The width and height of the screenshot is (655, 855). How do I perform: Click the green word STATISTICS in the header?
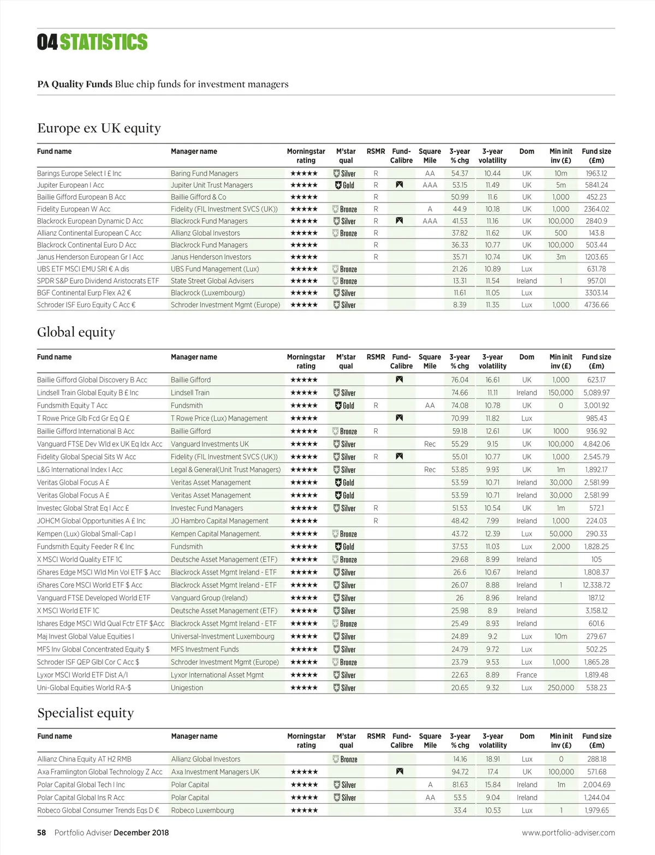pyautogui.click(x=104, y=42)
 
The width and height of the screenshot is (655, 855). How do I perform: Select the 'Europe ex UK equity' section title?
pyautogui.click(x=99, y=128)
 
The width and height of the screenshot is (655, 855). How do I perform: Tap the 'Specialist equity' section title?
pyautogui.click(x=85, y=713)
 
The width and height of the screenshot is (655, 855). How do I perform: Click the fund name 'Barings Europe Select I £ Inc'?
pyautogui.click(x=79, y=174)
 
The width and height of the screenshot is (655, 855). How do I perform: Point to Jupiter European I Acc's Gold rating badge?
pyautogui.click(x=344, y=186)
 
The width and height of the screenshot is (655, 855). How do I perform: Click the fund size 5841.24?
pyautogui.click(x=596, y=186)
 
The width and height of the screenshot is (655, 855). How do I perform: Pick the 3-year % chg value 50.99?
pyautogui.click(x=460, y=198)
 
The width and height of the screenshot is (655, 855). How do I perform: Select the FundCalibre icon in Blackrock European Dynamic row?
pyautogui.click(x=400, y=221)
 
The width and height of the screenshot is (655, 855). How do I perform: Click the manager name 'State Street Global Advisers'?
pyautogui.click(x=212, y=281)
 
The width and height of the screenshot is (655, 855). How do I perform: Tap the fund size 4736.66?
pyautogui.click(x=596, y=305)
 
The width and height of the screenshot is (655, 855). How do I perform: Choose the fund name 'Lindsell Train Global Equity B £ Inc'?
pyautogui.click(x=87, y=393)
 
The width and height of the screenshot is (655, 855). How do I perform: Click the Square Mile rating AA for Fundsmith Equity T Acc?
pyautogui.click(x=430, y=405)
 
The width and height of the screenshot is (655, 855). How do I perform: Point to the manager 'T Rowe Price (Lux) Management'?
pyautogui.click(x=219, y=418)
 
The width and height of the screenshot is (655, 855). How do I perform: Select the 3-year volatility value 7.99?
pyautogui.click(x=492, y=521)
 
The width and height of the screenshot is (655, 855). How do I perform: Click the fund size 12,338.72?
pyautogui.click(x=596, y=585)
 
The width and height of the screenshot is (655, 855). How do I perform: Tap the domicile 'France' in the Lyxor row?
pyautogui.click(x=526, y=675)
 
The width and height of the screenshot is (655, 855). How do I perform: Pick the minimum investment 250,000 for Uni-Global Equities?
pyautogui.click(x=561, y=688)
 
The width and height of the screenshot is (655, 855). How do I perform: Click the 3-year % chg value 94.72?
pyautogui.click(x=460, y=772)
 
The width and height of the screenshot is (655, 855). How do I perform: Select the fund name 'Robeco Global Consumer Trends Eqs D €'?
pyautogui.click(x=98, y=811)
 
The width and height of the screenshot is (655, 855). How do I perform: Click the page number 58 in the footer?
pyautogui.click(x=41, y=833)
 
